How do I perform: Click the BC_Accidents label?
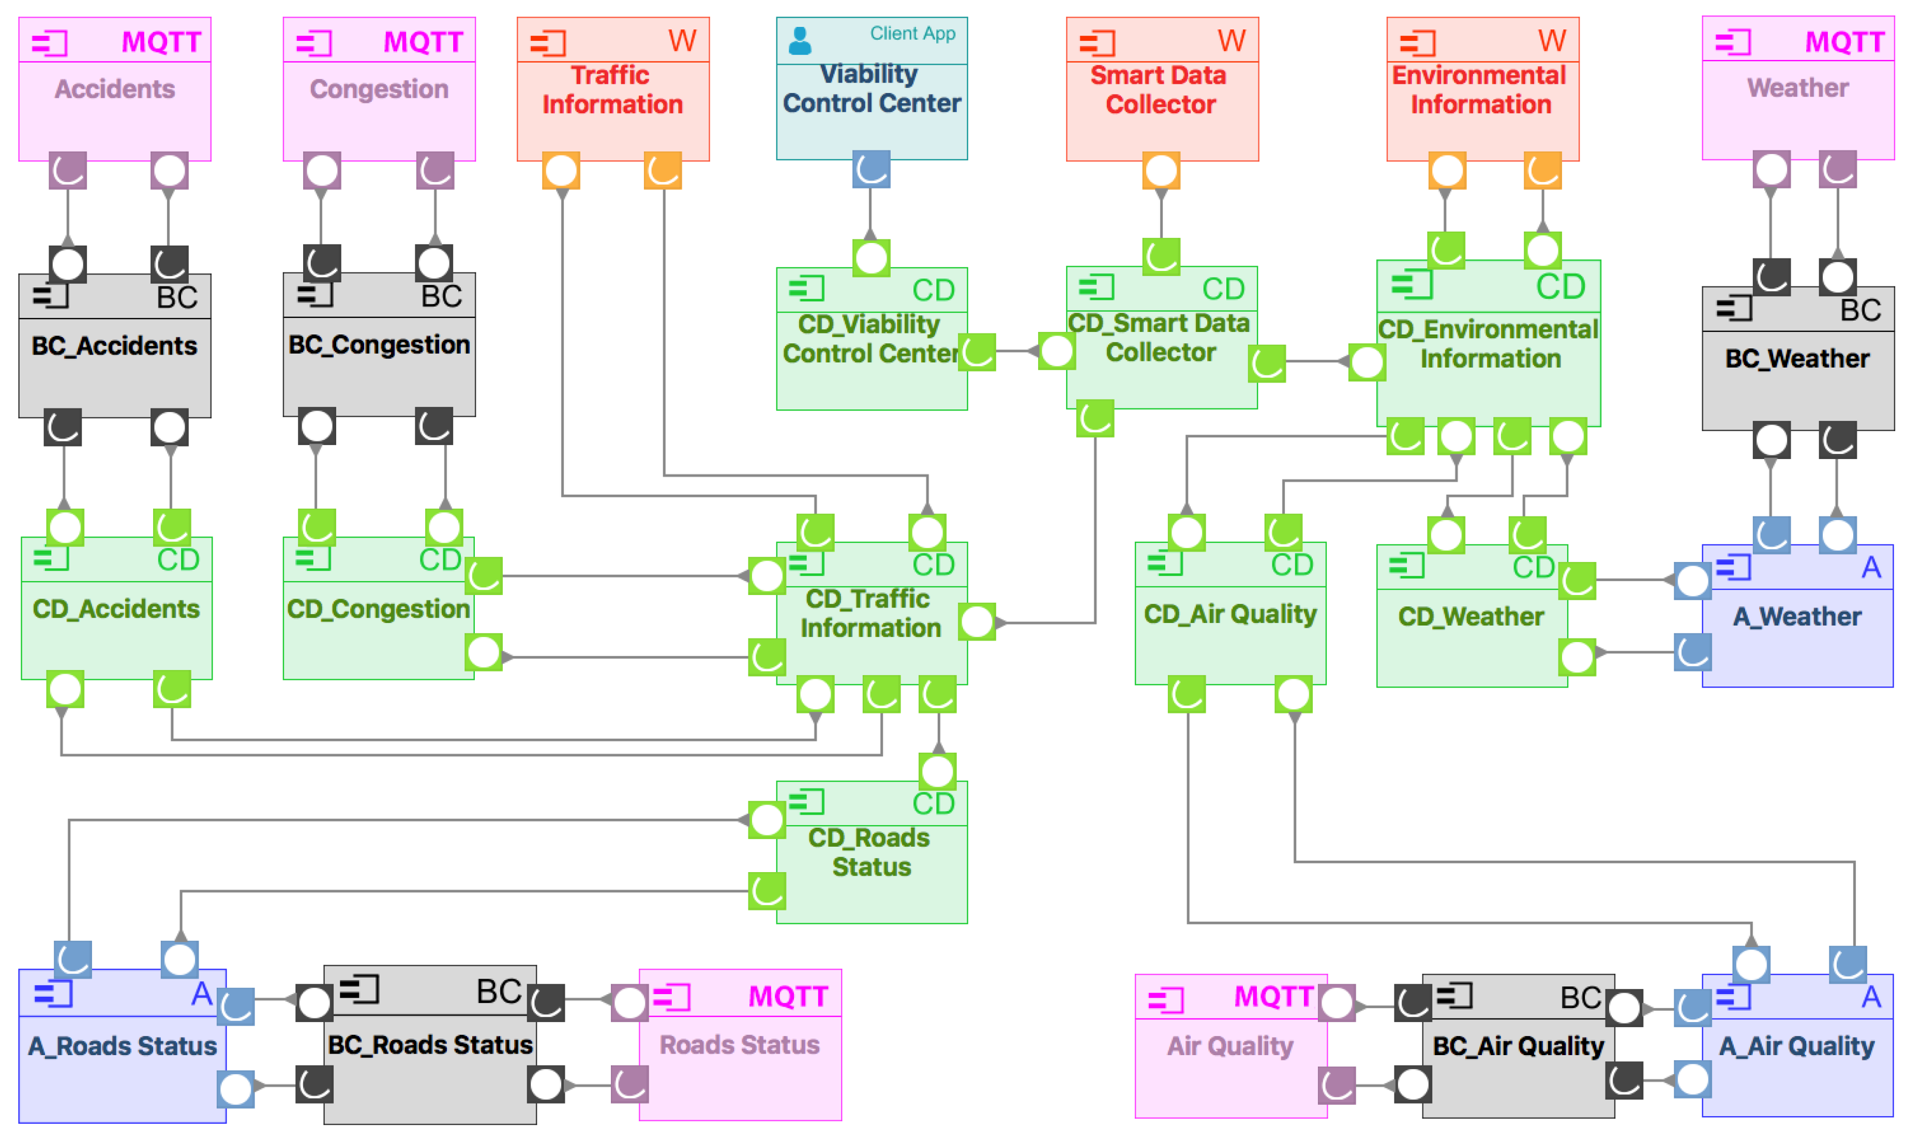[x=114, y=346]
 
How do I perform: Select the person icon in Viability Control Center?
[x=800, y=41]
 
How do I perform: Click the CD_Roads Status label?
[x=870, y=852]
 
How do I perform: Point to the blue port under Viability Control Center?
[x=871, y=170]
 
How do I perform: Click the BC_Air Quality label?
[x=1517, y=1045]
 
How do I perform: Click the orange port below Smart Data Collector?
[x=1161, y=170]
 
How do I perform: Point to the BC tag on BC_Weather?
[x=1859, y=310]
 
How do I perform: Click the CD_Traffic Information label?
[x=870, y=613]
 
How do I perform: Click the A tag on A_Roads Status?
[x=201, y=994]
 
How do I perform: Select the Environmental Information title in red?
[x=1479, y=89]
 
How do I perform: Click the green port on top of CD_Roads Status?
[x=937, y=771]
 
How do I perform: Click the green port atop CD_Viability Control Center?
[x=871, y=257]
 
